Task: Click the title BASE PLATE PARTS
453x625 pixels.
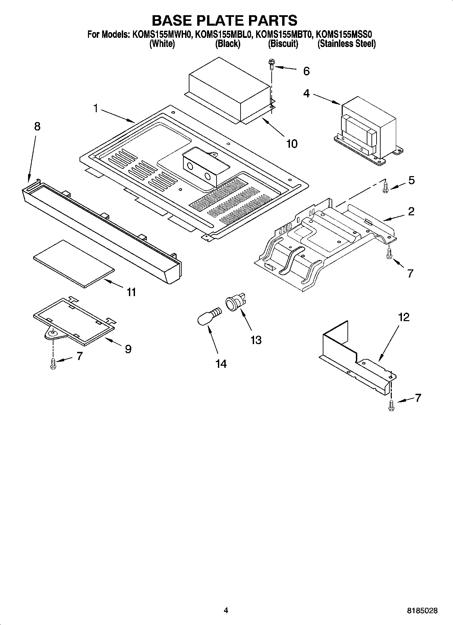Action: click(x=224, y=21)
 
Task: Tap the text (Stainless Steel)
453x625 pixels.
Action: click(x=346, y=44)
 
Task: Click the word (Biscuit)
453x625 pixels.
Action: click(x=283, y=44)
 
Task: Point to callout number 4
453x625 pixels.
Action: click(x=306, y=93)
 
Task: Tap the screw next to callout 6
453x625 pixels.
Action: click(x=271, y=64)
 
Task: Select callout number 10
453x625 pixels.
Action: click(x=292, y=144)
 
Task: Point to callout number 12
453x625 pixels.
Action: click(x=404, y=317)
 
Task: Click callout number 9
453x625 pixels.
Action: click(x=128, y=349)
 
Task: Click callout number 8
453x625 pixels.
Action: click(x=37, y=126)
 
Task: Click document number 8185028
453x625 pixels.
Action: click(x=422, y=611)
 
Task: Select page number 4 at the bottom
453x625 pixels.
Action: click(x=226, y=610)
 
